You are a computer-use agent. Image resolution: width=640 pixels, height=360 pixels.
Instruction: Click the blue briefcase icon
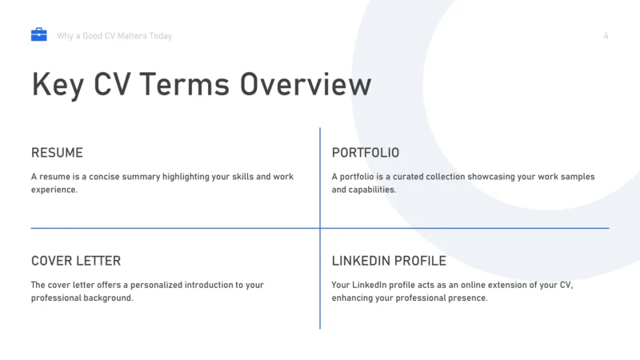(x=38, y=34)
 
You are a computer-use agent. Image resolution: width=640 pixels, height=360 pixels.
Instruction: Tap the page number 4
(x=606, y=36)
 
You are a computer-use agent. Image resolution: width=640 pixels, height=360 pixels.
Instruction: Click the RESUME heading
(x=57, y=153)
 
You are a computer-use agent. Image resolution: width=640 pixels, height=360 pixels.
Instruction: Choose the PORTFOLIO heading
(x=365, y=153)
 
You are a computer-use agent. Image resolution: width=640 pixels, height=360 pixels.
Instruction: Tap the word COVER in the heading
(x=51, y=262)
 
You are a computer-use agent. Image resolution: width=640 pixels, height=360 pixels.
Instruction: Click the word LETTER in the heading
(x=98, y=262)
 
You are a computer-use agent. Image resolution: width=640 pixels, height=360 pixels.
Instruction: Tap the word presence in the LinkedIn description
(x=469, y=298)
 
